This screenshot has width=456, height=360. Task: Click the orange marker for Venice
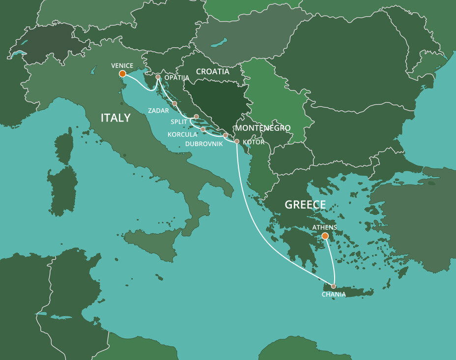(122, 74)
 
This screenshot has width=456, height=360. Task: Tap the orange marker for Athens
(325, 236)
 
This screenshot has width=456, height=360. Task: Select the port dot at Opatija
(158, 77)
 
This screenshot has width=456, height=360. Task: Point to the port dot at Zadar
(174, 103)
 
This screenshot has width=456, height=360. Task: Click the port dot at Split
(196, 117)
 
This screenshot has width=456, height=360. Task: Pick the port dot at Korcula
(202, 129)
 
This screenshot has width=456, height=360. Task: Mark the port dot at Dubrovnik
(225, 135)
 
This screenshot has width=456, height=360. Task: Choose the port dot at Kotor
(237, 142)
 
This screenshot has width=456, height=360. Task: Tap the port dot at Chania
(334, 286)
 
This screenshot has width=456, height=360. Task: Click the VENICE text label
(122, 65)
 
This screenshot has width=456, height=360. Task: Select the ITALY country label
(115, 118)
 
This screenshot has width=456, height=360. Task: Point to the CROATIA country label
(213, 72)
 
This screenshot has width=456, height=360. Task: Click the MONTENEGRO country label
(263, 128)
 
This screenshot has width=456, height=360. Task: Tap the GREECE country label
(305, 205)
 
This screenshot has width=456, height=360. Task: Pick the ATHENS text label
(325, 227)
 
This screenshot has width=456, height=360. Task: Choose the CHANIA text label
(334, 295)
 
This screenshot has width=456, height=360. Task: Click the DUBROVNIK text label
(204, 144)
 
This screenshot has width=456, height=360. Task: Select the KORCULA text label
(182, 134)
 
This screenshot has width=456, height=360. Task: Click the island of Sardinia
(63, 189)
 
